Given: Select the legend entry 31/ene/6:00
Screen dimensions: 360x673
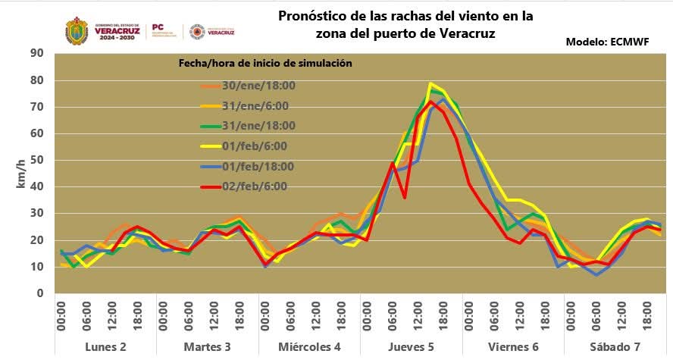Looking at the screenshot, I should click(x=250, y=106).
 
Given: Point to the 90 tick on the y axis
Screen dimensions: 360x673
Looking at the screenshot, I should click(x=36, y=53).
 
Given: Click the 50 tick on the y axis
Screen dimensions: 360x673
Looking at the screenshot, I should click(x=36, y=160).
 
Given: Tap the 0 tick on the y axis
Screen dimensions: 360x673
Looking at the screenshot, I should click(x=39, y=293).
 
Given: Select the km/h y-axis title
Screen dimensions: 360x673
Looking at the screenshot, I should click(x=20, y=174).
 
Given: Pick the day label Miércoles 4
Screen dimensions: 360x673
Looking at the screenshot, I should click(x=308, y=346).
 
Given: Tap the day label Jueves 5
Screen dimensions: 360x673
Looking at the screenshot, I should click(x=411, y=346).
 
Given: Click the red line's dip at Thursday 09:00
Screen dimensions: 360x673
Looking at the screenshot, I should click(x=405, y=197).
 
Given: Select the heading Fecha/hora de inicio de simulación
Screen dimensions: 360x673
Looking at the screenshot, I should click(x=265, y=64).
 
